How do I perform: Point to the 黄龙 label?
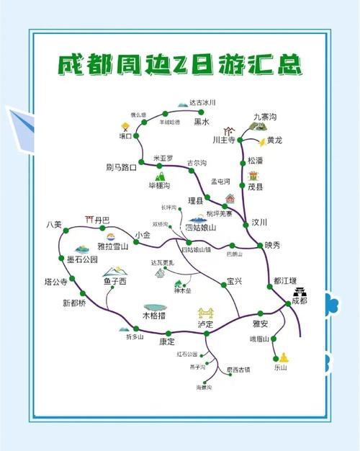[x=274, y=140]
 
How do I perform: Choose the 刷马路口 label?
[x=120, y=168]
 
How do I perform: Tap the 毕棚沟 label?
[x=159, y=186]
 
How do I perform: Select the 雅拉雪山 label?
[x=112, y=246]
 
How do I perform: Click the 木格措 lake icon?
[x=153, y=308]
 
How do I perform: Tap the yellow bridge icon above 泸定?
[x=207, y=313]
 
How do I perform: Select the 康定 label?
[x=167, y=342]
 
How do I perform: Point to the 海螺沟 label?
[x=205, y=388]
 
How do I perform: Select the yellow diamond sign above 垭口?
[x=125, y=127]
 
